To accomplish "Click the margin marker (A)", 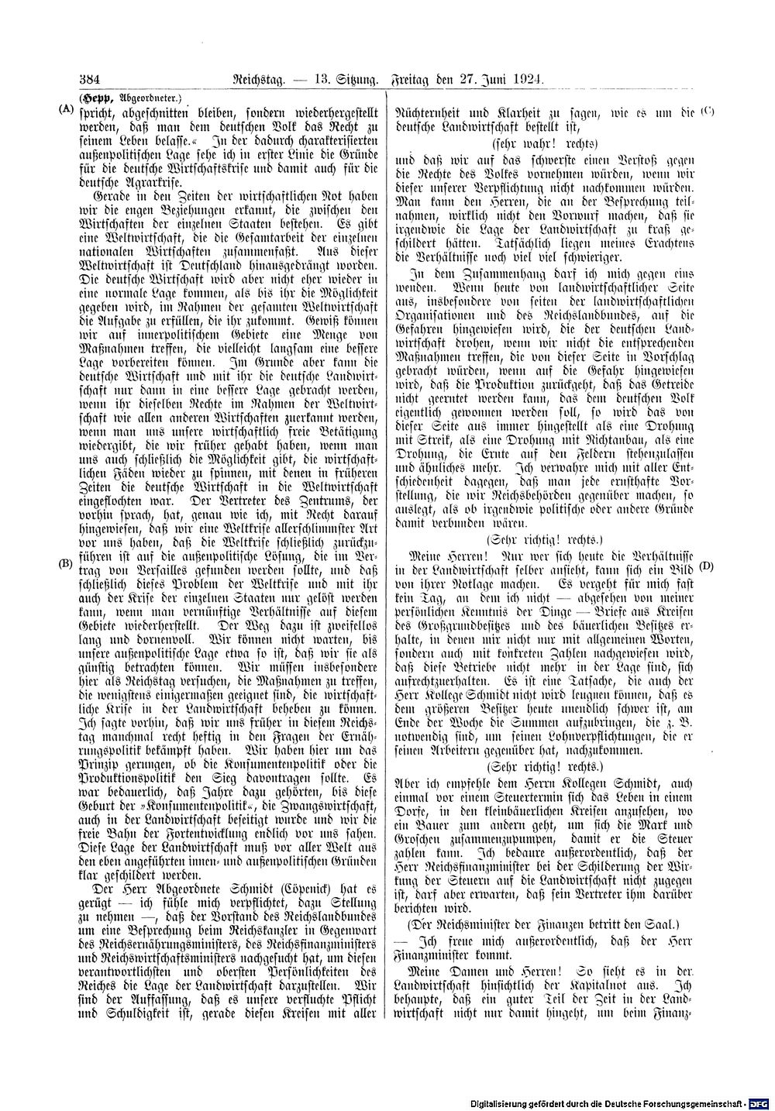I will [x=67, y=109].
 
